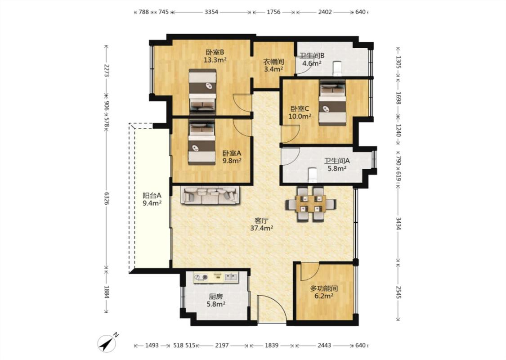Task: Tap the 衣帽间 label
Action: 273,61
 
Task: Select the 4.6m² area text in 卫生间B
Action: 311,63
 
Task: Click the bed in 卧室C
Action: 332,103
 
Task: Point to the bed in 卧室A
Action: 202,142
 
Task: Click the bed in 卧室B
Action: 202,91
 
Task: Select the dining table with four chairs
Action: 310,204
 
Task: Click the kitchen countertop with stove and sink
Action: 216,277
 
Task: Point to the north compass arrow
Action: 108,342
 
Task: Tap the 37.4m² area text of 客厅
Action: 262,228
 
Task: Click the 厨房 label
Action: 216,297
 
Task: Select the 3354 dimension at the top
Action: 211,12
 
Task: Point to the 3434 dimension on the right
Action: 398,224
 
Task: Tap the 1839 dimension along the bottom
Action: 272,345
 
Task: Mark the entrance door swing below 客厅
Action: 272,308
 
